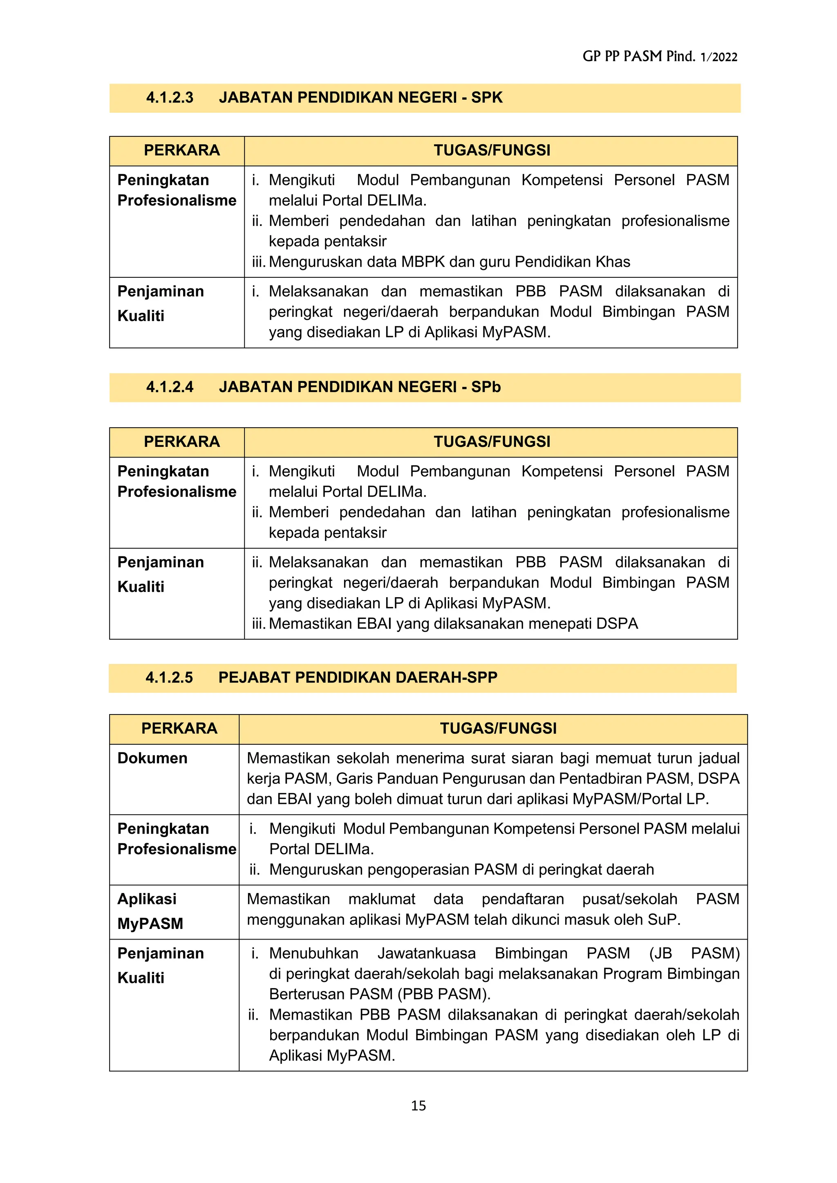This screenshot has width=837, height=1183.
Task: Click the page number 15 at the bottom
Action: pos(418,1105)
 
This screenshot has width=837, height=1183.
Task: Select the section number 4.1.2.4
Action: pos(170,387)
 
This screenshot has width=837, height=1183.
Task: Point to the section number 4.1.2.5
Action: pos(169,678)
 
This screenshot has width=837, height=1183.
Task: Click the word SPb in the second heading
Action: pos(486,387)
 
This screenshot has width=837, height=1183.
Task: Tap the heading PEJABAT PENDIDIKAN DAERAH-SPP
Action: pos(358,678)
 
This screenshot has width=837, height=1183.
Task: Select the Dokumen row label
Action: pos(152,758)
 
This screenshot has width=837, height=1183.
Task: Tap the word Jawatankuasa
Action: pos(426,953)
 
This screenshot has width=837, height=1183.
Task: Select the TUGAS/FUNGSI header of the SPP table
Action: pos(498,729)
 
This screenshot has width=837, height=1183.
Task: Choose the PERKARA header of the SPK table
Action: pos(181,150)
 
